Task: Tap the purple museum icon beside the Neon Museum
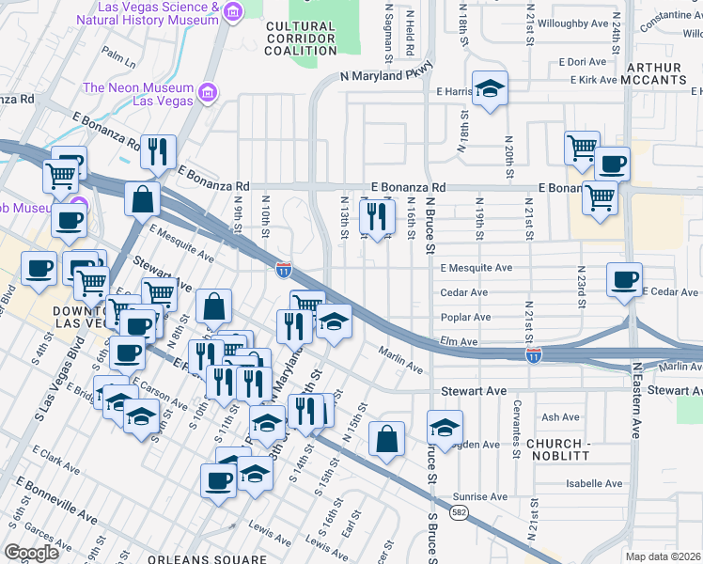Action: point(206,93)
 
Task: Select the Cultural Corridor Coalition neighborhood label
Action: point(300,39)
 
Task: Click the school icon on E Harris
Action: point(490,89)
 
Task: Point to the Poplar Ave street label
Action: point(464,318)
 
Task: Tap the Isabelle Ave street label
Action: point(594,484)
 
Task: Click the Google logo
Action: point(31,553)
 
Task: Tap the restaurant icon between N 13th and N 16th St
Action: point(377,217)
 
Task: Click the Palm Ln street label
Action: point(119,57)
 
